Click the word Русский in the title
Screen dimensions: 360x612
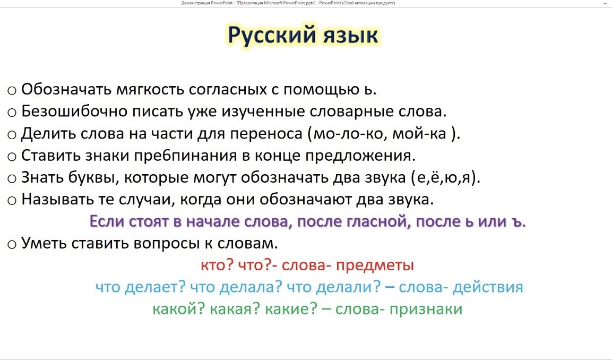coord(271,36)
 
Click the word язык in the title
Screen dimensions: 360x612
coord(350,36)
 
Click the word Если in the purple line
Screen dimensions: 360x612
coord(106,221)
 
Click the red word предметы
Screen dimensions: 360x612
coord(375,265)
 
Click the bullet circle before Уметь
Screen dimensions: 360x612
coord(12,245)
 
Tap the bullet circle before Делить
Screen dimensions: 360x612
coord(12,135)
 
